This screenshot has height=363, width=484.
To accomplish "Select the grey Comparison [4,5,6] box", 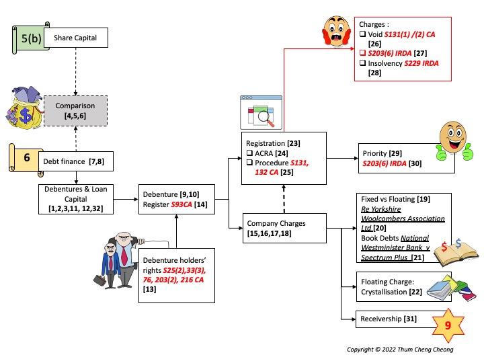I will (75, 111).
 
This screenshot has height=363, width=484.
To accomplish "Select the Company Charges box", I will (286, 228).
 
